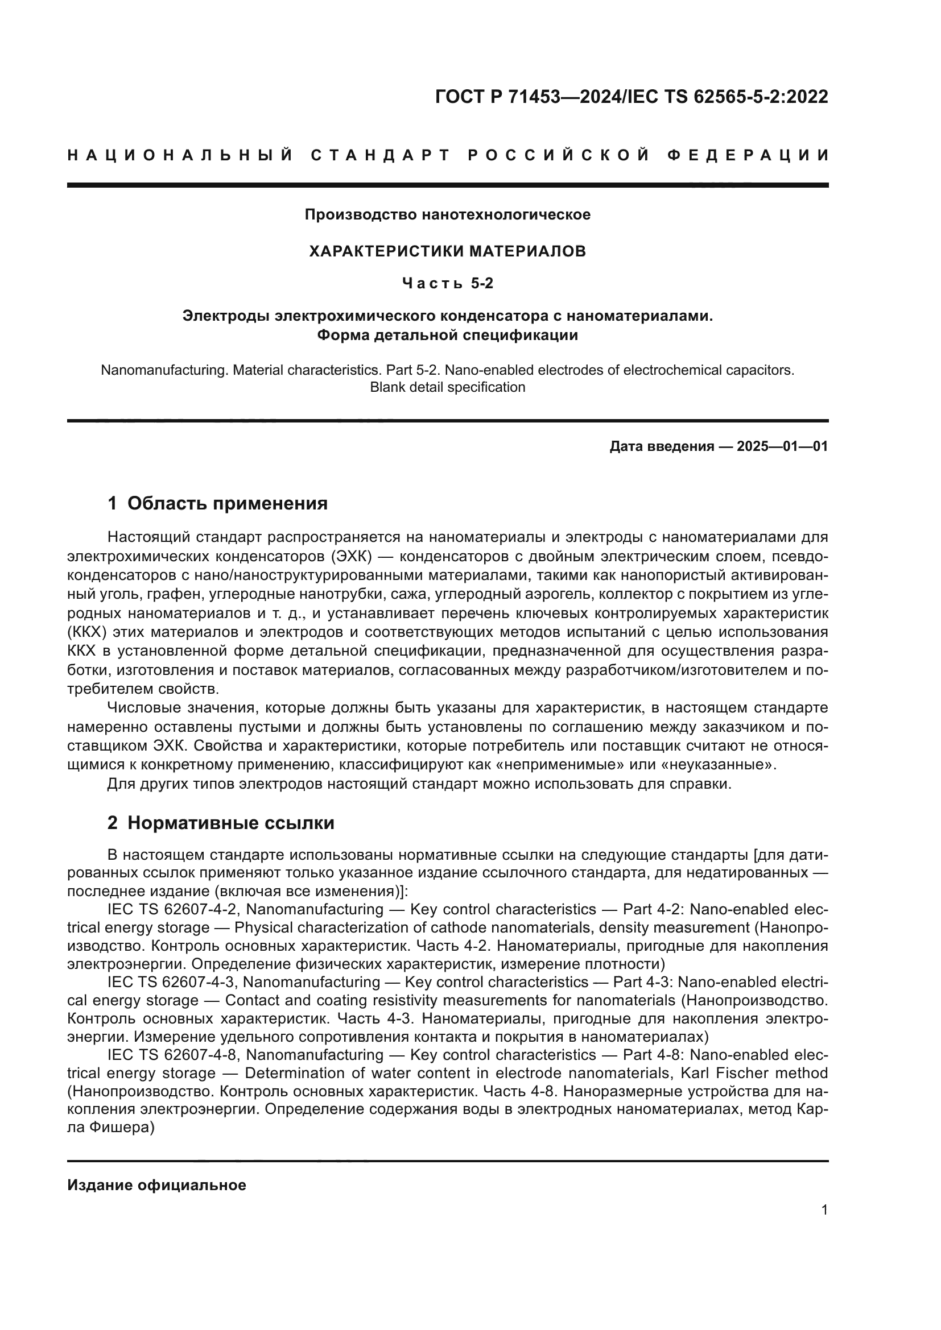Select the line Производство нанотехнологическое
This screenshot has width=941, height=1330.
pyautogui.click(x=447, y=215)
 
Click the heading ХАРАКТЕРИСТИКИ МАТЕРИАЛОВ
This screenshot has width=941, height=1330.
pyautogui.click(x=447, y=251)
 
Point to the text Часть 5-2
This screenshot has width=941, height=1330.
pyautogui.click(x=447, y=284)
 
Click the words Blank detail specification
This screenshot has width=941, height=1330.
pyautogui.click(x=447, y=388)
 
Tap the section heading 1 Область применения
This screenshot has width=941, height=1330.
pyautogui.click(x=217, y=503)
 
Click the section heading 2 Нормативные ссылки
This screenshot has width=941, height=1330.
pyautogui.click(x=221, y=823)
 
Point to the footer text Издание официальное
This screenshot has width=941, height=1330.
pyautogui.click(x=156, y=1185)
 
